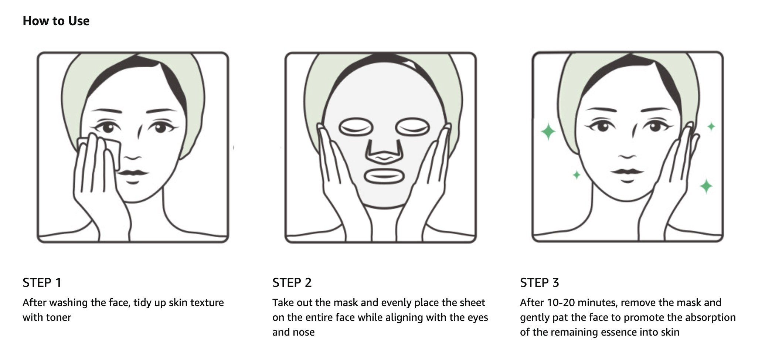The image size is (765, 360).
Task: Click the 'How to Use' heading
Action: click(56, 21)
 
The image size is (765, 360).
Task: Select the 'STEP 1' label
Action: click(42, 283)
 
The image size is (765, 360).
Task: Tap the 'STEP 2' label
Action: click(292, 283)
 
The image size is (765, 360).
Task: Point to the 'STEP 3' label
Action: click(540, 283)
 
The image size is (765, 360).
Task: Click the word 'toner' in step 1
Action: click(58, 317)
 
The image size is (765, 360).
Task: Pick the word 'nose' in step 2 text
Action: click(304, 332)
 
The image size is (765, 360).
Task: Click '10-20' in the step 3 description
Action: click(560, 303)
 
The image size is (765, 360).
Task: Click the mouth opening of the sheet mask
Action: click(382, 176)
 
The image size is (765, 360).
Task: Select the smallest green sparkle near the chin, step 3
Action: click(577, 175)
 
